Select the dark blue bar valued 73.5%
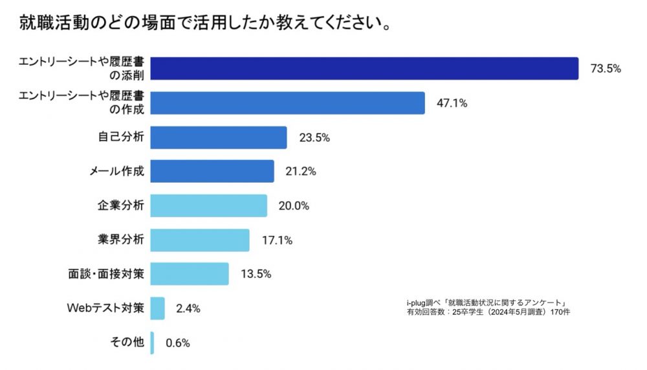364,69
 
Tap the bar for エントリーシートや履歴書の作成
288,103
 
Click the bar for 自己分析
219,137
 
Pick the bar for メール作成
212,171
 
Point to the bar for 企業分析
209,205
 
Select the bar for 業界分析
200,240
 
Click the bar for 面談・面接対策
190,274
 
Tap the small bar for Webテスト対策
158,308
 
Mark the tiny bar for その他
153,343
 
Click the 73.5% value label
606,69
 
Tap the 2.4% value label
188,309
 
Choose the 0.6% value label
178,343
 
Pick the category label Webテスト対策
105,308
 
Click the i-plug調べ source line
487,303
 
